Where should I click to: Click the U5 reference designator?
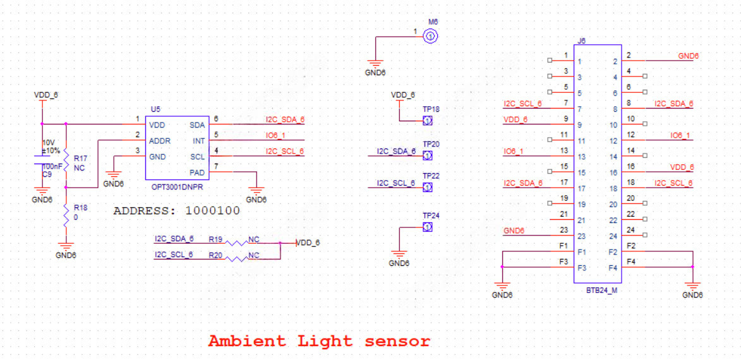point(155,109)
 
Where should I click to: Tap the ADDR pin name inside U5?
point(160,141)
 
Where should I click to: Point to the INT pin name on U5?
point(199,141)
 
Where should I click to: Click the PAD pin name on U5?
point(197,172)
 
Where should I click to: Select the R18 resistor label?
point(80,207)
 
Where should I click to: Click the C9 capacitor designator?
point(47,174)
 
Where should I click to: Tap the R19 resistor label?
point(215,239)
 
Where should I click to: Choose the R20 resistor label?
point(215,255)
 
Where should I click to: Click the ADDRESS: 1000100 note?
point(177,211)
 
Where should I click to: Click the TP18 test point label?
point(431,109)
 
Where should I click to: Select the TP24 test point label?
point(431,215)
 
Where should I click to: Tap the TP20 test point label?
point(431,144)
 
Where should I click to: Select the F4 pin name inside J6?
point(612,268)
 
